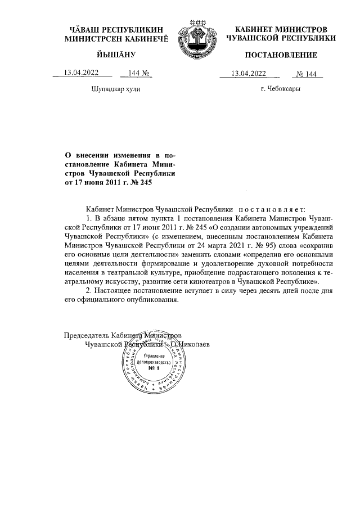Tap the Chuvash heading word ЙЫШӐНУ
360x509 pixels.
coord(114,55)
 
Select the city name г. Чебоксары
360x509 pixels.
coord(280,89)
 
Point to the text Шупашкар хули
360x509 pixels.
coord(115,89)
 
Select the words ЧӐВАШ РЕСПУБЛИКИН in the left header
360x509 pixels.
coord(115,29)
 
